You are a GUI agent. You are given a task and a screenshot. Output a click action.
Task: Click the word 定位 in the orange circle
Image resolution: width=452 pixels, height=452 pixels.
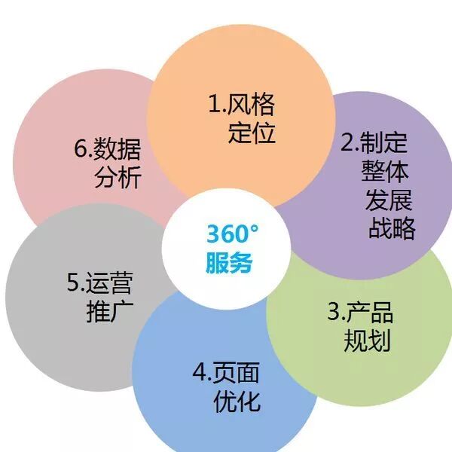click(252, 133)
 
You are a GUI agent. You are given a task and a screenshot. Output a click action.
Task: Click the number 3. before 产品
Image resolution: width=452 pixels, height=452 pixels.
click(336, 312)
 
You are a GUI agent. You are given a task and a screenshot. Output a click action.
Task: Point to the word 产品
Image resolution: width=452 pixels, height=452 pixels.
click(370, 312)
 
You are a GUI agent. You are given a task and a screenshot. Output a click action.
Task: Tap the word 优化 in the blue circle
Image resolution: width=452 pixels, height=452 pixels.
click(237, 400)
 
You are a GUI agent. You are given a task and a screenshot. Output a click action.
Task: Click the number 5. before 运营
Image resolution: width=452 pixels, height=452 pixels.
click(75, 283)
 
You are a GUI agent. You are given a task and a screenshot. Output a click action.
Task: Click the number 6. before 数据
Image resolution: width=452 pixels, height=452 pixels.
click(82, 149)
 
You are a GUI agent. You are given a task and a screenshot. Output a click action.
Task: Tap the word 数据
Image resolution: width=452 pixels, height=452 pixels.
click(118, 149)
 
